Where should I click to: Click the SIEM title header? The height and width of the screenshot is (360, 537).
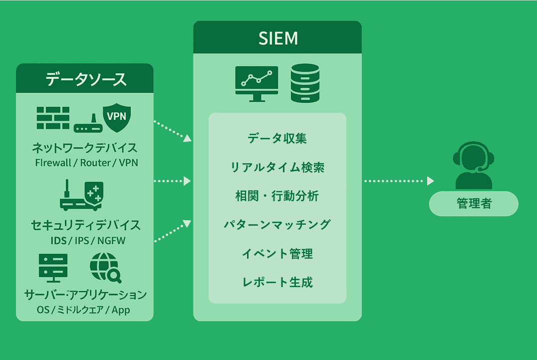pos(277,38)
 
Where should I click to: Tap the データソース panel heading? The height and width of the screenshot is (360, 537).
pos(85,79)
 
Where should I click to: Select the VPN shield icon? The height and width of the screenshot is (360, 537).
pos(117,118)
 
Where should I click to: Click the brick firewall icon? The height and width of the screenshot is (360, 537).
pos(53,117)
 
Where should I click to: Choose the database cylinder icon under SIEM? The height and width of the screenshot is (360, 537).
pos(304,83)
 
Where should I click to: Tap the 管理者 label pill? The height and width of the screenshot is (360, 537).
pos(474,204)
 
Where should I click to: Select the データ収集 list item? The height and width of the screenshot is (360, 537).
pos(277,138)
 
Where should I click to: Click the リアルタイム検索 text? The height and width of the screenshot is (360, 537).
pos(277,167)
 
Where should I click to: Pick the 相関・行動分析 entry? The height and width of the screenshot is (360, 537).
pos(277,196)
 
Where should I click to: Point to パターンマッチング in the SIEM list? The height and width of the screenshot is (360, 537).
pos(277,225)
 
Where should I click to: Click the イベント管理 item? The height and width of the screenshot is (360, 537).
pos(277,254)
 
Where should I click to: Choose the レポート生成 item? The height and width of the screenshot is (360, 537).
pos(277,282)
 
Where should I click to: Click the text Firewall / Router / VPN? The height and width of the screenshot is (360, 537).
pos(86,163)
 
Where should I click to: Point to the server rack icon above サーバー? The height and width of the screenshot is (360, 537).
pos(52,268)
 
